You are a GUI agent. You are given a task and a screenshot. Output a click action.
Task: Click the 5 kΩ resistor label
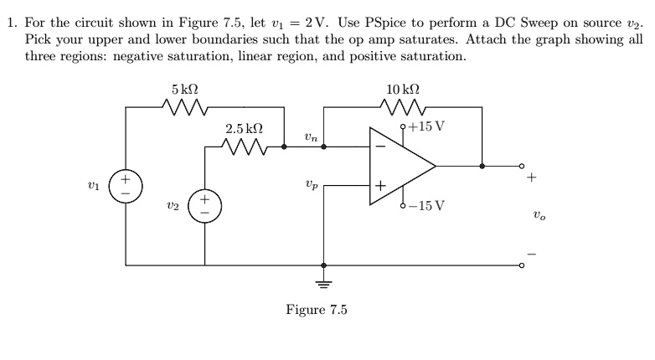coord(184,89)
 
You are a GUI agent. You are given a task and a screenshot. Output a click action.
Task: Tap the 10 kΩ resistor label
coord(403,89)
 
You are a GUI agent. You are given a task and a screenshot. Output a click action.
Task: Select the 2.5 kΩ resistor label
coord(245,129)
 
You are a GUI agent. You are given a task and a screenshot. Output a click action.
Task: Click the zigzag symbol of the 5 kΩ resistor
coord(184,107)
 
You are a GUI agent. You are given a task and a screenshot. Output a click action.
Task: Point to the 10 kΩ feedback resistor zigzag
coord(403,107)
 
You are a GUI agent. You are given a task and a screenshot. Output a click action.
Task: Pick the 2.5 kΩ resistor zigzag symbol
coord(245,147)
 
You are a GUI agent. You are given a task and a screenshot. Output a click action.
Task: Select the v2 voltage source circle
coord(204,206)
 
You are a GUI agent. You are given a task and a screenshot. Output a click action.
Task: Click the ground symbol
coord(323,283)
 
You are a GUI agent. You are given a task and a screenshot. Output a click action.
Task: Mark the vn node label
coord(311,136)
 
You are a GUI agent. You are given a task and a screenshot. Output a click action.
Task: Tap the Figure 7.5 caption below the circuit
coord(316,310)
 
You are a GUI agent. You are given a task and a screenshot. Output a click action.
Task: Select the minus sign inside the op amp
coord(379,147)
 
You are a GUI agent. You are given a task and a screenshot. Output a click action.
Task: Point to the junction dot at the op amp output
coord(482,166)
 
